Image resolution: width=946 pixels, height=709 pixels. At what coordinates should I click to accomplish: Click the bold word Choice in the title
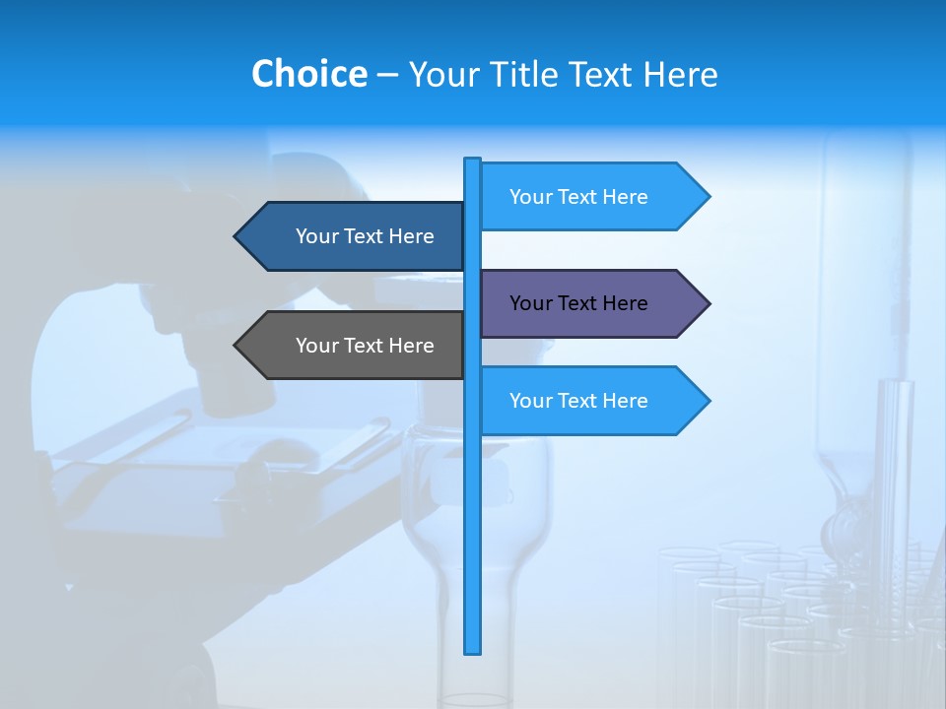[308, 74]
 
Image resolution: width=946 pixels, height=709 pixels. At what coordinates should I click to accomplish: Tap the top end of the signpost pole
[473, 161]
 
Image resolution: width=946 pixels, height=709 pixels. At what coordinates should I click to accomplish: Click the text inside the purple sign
[578, 303]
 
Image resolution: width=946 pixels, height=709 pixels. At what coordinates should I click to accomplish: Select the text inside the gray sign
[365, 346]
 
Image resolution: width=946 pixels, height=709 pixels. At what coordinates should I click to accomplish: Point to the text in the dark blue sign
[365, 236]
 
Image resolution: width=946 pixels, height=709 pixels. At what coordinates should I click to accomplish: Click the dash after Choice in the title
[388, 75]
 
